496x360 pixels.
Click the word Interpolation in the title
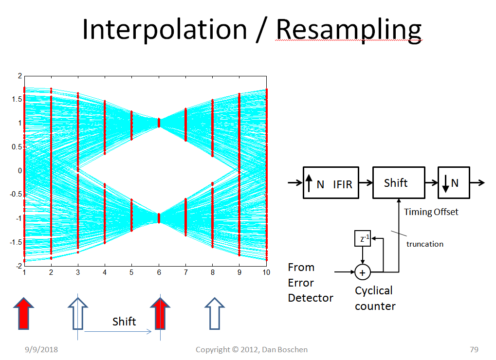coord(165,30)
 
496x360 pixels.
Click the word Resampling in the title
coord(349,30)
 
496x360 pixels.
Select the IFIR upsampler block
coord(331,182)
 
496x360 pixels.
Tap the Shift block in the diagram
coord(399,182)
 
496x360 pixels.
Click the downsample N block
coord(454,182)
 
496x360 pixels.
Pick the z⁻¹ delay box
coord(362,238)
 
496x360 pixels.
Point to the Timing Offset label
coord(431,212)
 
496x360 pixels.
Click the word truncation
coord(425,244)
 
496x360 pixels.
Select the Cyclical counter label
coord(375,298)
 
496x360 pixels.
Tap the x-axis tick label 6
coord(159,272)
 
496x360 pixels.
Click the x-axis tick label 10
coord(266,272)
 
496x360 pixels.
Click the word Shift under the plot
coord(124,322)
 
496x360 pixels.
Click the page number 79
coord(474,349)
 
